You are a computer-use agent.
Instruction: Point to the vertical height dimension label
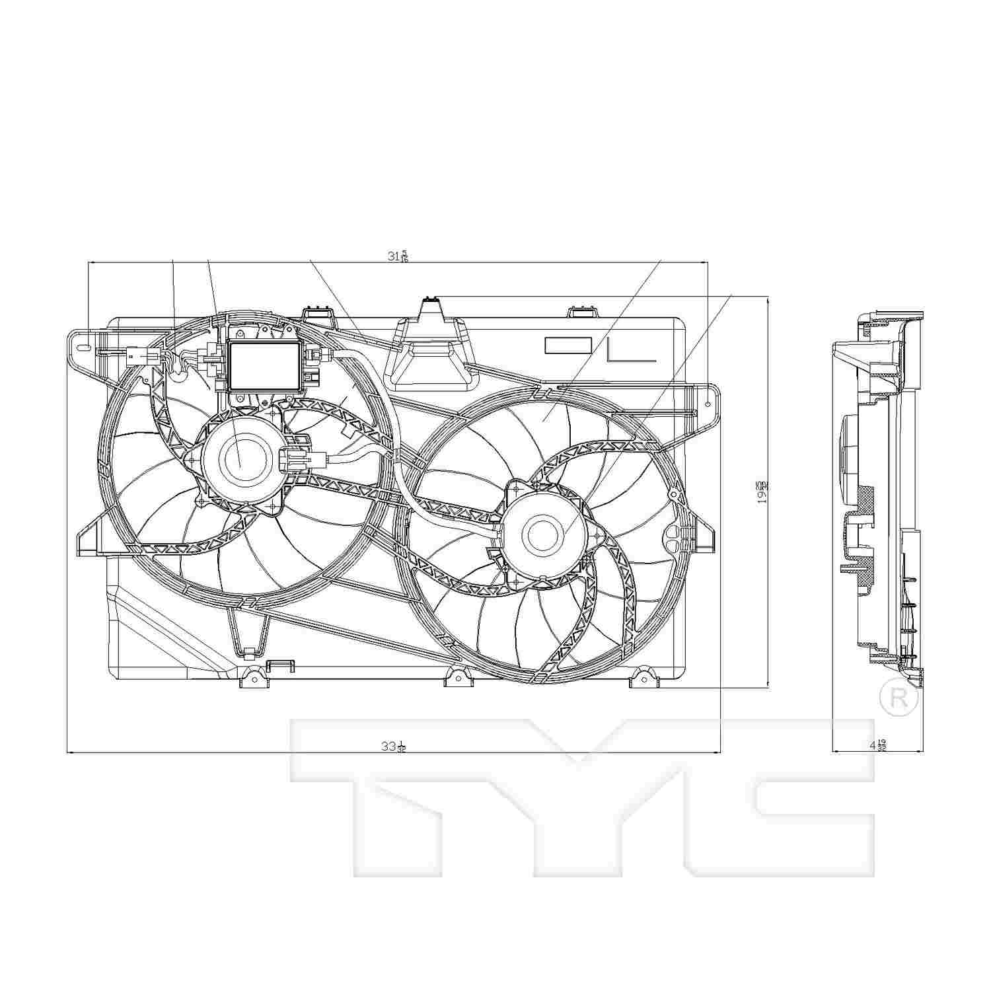coord(763,492)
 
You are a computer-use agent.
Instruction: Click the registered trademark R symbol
coord(899,699)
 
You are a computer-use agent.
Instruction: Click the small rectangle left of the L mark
coord(568,346)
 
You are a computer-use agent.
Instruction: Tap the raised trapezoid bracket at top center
coord(429,350)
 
